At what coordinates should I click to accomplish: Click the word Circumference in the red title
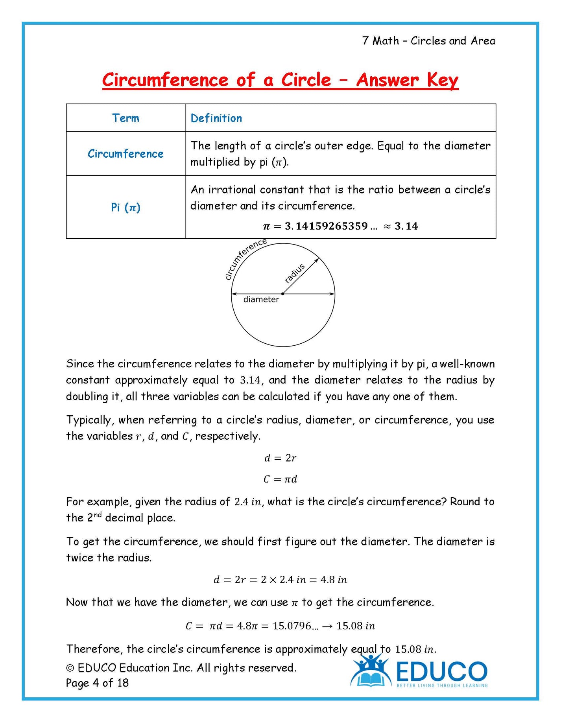165,80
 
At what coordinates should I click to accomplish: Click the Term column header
125,118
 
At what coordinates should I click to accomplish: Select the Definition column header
216,118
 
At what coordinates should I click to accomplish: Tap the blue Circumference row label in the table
125,154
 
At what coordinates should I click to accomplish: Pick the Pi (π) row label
125,207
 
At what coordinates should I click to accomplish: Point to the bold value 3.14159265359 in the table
326,226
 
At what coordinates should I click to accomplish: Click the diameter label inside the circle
261,300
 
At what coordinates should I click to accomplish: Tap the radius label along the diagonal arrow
295,273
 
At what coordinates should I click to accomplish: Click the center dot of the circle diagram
282,294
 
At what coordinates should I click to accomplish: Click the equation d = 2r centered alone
280,458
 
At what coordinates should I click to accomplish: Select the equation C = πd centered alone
280,479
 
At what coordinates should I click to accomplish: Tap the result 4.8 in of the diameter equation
333,580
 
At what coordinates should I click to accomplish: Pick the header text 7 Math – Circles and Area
428,41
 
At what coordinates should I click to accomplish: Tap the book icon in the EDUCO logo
370,679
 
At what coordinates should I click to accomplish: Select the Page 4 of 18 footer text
97,683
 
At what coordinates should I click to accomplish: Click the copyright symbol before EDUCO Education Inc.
70,668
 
